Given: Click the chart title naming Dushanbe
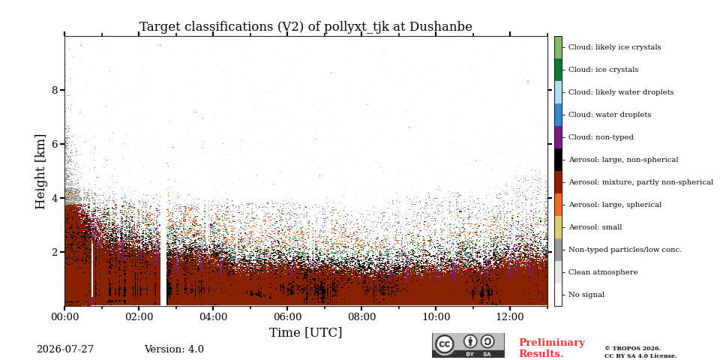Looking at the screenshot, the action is pyautogui.click(x=306, y=27).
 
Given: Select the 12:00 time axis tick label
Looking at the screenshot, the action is pyautogui.click(x=510, y=316).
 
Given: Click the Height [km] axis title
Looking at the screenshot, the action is pyautogui.click(x=40, y=172).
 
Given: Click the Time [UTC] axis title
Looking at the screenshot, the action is pyautogui.click(x=306, y=332).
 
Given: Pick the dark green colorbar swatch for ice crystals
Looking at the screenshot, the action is pyautogui.click(x=558, y=70).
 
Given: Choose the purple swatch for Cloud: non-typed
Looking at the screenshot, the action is pyautogui.click(x=558, y=137).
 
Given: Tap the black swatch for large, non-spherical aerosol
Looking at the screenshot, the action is pyautogui.click(x=558, y=160).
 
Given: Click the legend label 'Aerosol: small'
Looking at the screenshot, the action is pyautogui.click(x=595, y=227).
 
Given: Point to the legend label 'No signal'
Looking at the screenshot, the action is pyautogui.click(x=586, y=295).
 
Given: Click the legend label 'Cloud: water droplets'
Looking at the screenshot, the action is pyautogui.click(x=610, y=115).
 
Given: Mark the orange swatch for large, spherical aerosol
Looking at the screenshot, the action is pyautogui.click(x=558, y=205).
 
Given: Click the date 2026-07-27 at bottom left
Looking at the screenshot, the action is pyautogui.click(x=65, y=349).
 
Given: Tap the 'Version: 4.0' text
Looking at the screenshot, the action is pyautogui.click(x=174, y=349).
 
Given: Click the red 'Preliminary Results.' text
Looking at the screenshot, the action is pyautogui.click(x=552, y=348).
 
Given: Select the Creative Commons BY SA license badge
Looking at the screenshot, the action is pyautogui.click(x=468, y=345).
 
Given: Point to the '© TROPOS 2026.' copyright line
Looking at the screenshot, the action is pyautogui.click(x=632, y=349).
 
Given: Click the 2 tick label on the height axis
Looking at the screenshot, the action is pyautogui.click(x=55, y=252).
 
